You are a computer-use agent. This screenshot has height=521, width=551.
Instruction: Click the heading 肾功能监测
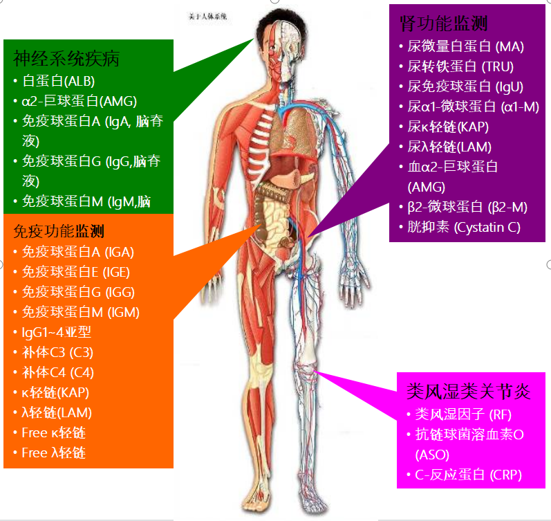point(443,24)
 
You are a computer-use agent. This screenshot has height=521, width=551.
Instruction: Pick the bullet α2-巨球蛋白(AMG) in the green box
point(79,101)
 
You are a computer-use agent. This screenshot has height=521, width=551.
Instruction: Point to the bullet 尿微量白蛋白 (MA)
point(465,46)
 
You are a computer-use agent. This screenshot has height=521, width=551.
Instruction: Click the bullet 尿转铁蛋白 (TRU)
point(460,66)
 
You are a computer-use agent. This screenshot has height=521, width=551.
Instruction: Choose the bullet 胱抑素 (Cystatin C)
point(463,227)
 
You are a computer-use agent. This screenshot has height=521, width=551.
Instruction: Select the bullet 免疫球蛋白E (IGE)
point(75,272)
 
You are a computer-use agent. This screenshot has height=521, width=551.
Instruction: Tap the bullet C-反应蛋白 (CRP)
point(468,475)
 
